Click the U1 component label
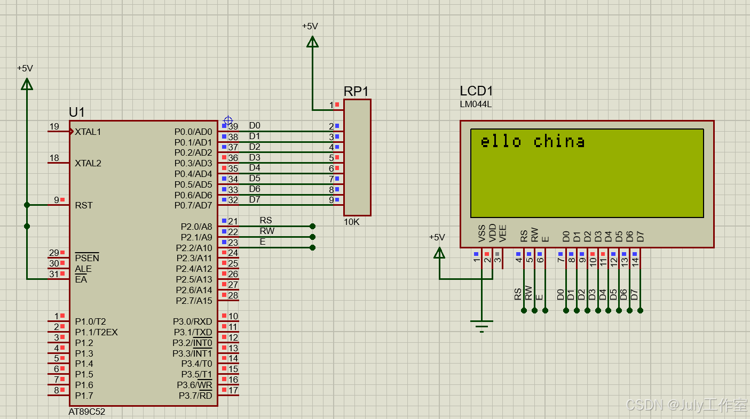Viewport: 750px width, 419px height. (77, 112)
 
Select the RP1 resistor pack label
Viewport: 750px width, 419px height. (356, 91)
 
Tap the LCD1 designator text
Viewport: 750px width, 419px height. (476, 91)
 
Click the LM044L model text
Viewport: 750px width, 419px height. (476, 104)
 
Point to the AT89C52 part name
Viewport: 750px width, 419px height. (87, 412)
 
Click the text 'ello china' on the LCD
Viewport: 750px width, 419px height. (532, 141)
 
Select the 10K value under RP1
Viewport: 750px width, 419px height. (352, 222)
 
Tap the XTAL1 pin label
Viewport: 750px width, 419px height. (88, 132)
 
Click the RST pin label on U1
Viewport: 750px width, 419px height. (84, 205)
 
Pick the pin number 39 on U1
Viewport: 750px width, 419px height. (233, 126)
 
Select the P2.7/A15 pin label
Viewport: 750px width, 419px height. (194, 301)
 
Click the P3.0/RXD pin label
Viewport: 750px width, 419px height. (192, 321)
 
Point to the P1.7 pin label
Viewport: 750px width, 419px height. (84, 396)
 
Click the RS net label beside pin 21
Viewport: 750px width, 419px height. (266, 220)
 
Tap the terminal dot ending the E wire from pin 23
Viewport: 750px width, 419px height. (312, 247)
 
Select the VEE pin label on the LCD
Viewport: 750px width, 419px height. (503, 235)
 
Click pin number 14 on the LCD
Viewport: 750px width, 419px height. (635, 262)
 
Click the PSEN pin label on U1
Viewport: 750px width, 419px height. (87, 258)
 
